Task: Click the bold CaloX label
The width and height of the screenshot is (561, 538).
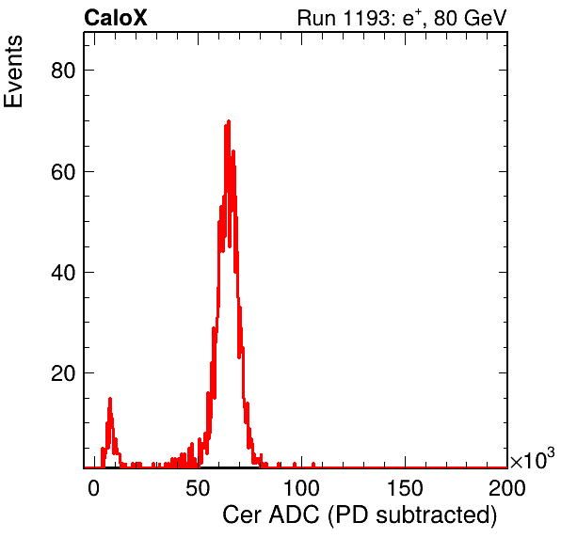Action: pyautogui.click(x=116, y=18)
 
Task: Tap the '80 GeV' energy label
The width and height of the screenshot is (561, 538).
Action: pyautogui.click(x=470, y=18)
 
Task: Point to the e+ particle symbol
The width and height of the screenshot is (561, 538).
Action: pyautogui.click(x=412, y=18)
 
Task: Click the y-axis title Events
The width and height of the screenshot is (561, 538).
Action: pyautogui.click(x=13, y=71)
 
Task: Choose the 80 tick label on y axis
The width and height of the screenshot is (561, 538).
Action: pyautogui.click(x=63, y=71)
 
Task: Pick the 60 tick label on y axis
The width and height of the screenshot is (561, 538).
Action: pyautogui.click(x=63, y=172)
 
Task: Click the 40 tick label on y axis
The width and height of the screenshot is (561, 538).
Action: pyautogui.click(x=63, y=273)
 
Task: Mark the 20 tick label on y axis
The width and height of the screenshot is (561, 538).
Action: pyautogui.click(x=63, y=373)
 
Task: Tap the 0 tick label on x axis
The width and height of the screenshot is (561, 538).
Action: pyautogui.click(x=94, y=488)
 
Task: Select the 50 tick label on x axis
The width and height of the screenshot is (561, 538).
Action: pyautogui.click(x=198, y=488)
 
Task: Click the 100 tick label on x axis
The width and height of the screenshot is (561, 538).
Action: pyautogui.click(x=301, y=488)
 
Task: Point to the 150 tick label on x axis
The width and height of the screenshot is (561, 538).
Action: pyautogui.click(x=405, y=488)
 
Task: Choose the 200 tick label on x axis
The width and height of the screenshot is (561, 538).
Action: pyautogui.click(x=507, y=488)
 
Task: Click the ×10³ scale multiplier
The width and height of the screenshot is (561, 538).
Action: pyautogui.click(x=533, y=459)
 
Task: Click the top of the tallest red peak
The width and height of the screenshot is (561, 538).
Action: pyautogui.click(x=229, y=121)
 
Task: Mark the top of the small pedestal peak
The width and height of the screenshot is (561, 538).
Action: pyautogui.click(x=110, y=399)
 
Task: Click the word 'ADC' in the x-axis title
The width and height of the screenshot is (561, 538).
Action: pyautogui.click(x=294, y=515)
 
